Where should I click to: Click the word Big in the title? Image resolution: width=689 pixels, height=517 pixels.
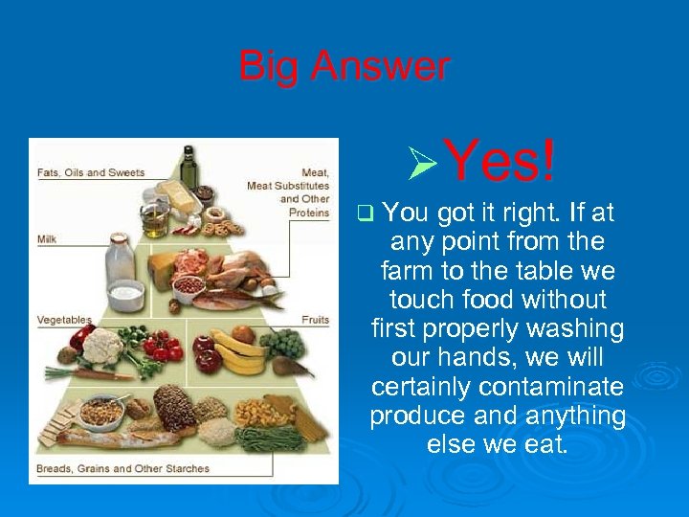[267, 67]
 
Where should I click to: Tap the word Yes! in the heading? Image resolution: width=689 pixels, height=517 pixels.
[500, 160]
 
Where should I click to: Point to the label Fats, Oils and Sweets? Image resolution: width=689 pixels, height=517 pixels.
[91, 173]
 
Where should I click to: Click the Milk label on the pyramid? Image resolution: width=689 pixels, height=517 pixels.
[48, 237]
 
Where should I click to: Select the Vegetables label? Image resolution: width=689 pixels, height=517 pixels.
[64, 319]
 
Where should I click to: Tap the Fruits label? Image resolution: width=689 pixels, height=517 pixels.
[315, 319]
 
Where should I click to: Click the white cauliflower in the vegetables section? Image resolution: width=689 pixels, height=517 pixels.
[101, 346]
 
